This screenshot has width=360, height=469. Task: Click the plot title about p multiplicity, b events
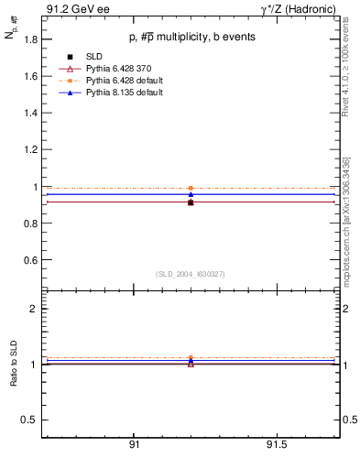191,38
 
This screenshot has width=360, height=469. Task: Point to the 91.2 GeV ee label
78,9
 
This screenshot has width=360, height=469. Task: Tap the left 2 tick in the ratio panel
34,309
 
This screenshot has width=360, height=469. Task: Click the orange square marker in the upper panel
191,188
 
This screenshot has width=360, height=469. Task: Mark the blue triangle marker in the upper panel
191,194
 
